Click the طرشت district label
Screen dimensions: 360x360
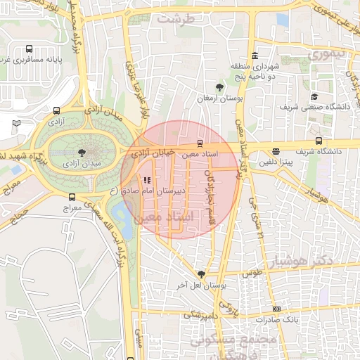(175, 19)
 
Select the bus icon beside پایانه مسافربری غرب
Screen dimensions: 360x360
(29, 49)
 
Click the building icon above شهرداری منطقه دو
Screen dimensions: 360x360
(254, 56)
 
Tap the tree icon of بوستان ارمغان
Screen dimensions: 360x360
(221, 87)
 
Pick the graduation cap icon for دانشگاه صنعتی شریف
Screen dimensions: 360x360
(314, 96)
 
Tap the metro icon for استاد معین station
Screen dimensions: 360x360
(200, 143)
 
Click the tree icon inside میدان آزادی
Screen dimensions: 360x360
(83, 151)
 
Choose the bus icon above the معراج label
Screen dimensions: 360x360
(72, 198)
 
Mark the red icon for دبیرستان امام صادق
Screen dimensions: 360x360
(146, 179)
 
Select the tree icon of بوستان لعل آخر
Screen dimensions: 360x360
(202, 274)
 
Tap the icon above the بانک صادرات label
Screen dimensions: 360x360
(277, 309)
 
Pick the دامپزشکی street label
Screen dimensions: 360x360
(199, 314)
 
